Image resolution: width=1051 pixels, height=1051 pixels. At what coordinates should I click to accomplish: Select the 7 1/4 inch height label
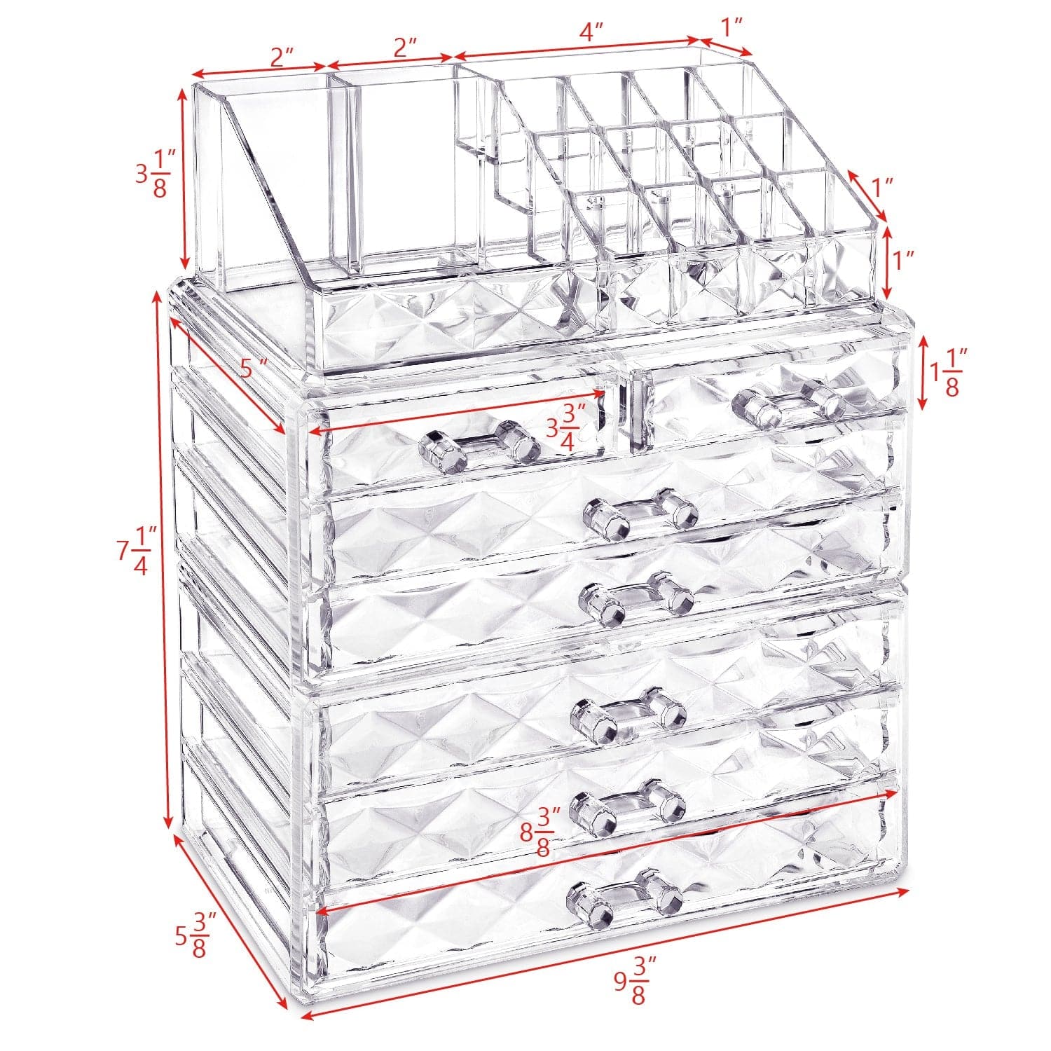[x=135, y=551]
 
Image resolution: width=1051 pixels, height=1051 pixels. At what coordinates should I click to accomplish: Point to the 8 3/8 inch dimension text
[x=540, y=831]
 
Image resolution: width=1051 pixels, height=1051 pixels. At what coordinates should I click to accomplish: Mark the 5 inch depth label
[x=253, y=367]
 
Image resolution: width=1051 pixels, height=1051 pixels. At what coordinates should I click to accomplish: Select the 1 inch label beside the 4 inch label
[x=731, y=27]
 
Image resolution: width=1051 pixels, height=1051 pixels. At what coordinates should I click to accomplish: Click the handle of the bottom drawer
[x=624, y=897]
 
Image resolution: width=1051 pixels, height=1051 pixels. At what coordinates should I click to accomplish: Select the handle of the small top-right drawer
[x=788, y=405]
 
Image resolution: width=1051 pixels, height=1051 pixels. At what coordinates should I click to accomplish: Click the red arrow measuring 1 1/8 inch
[x=923, y=371]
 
